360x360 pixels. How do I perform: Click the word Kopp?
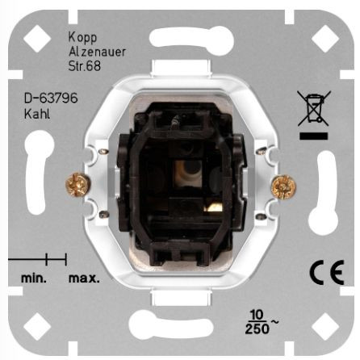(82, 38)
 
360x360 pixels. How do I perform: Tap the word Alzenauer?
(97, 52)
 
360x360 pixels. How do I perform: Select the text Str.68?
(85, 66)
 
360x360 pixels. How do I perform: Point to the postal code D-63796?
(51, 98)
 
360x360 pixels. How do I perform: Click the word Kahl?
(37, 114)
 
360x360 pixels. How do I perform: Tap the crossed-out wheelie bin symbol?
(314, 108)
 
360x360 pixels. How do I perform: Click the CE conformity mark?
(327, 272)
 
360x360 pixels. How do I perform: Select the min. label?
(34, 278)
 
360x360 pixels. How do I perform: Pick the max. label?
(84, 278)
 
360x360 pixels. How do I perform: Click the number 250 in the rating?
(257, 329)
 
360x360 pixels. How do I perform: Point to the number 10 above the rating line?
(257, 314)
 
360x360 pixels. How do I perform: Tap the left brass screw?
(78, 185)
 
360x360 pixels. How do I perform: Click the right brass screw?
(284, 186)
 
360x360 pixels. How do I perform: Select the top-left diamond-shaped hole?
(37, 39)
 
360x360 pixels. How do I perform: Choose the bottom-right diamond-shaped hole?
(325, 326)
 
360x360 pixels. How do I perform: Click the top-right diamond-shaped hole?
(325, 39)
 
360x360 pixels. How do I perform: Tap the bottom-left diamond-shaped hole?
(37, 326)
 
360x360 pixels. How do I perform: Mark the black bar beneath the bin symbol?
(314, 136)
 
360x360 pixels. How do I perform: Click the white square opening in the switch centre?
(188, 174)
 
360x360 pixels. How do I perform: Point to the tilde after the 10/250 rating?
(274, 321)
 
